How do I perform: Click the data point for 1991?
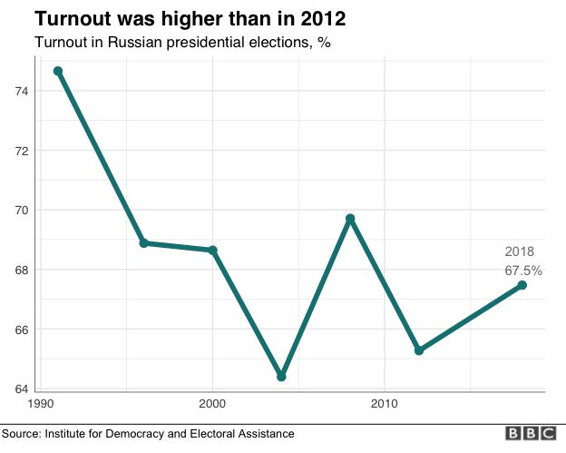coord(58,71)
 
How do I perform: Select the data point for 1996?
coord(144,243)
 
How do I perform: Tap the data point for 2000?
coord(213,251)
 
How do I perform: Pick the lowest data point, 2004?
coord(281,376)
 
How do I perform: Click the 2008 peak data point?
coord(350,219)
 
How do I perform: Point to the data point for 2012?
coord(419,350)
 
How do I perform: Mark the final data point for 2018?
coord(522,285)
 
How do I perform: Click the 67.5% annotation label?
coord(523,270)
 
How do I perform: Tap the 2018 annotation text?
coord(520,251)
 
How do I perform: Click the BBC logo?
coord(530,434)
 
